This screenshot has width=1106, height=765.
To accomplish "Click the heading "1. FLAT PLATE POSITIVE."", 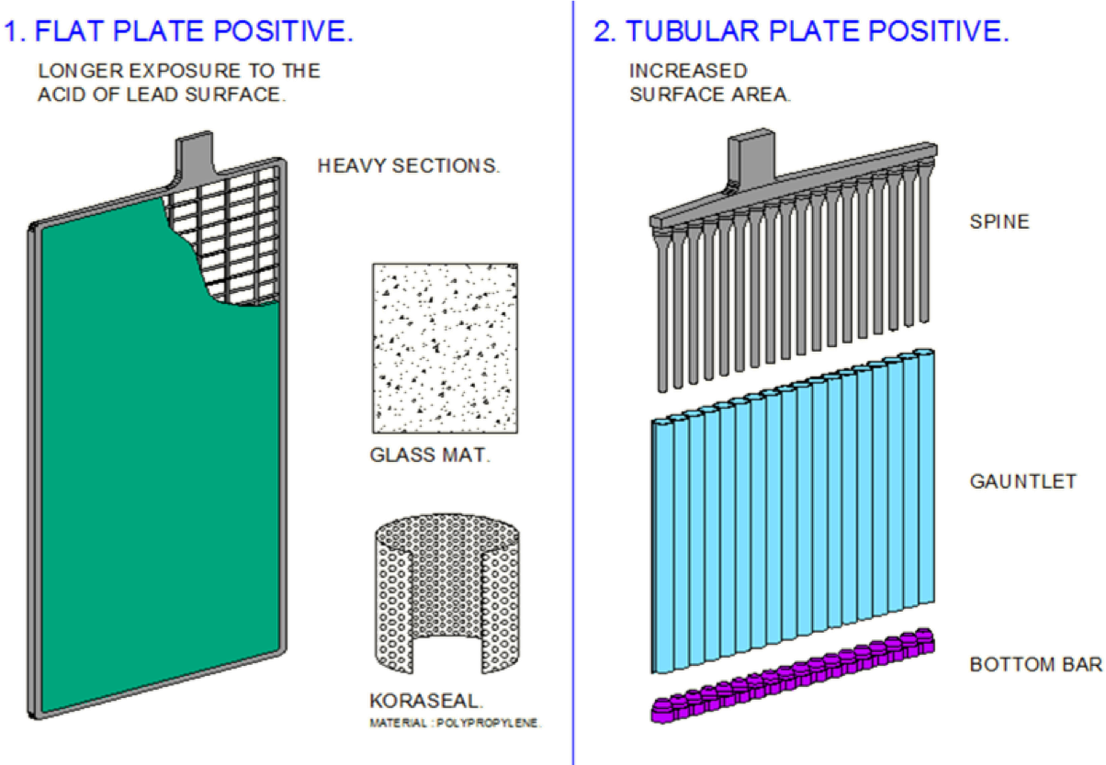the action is tap(179, 31).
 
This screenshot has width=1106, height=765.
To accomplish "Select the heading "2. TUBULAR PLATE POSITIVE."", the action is tap(801, 31).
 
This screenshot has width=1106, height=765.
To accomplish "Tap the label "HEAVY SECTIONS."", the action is tap(409, 166).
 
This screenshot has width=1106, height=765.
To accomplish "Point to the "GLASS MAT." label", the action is tap(430, 455).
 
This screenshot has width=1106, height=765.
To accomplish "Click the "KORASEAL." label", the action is tap(426, 701).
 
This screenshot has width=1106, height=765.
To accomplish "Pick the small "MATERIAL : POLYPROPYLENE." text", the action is tap(456, 723).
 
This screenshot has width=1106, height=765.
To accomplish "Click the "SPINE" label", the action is tap(999, 221).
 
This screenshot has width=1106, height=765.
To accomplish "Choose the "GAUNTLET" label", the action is tap(1023, 481).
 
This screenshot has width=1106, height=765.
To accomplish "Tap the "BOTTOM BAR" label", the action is tap(1036, 664).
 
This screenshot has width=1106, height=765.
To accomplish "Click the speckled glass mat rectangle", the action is tap(445, 348).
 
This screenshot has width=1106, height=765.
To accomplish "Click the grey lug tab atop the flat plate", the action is tap(195, 153).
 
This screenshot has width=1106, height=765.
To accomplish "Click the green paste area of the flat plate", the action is tap(148, 444).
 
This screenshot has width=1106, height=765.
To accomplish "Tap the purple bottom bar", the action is tap(793, 676).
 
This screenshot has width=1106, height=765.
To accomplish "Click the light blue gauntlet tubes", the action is tap(793, 512).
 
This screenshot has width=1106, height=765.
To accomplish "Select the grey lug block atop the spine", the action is tap(751, 154).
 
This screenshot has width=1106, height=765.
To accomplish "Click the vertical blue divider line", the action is tap(573, 382).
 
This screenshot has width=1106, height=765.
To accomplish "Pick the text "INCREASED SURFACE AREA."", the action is tap(710, 83).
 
